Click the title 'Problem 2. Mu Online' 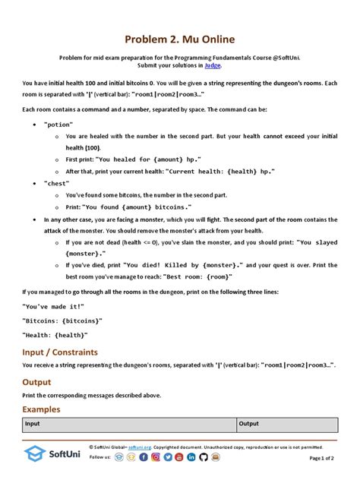[180, 39]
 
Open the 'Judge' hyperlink [213, 65]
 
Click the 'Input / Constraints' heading [60, 352]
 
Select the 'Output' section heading [36, 382]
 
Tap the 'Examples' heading [42, 409]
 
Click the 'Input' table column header [33, 424]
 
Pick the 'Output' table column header [249, 424]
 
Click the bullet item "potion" [58, 122]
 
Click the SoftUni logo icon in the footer [35, 455]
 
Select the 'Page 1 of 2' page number [327, 459]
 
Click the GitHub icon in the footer [203, 458]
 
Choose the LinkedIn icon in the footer [191, 458]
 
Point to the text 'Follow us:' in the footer [100, 458]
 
